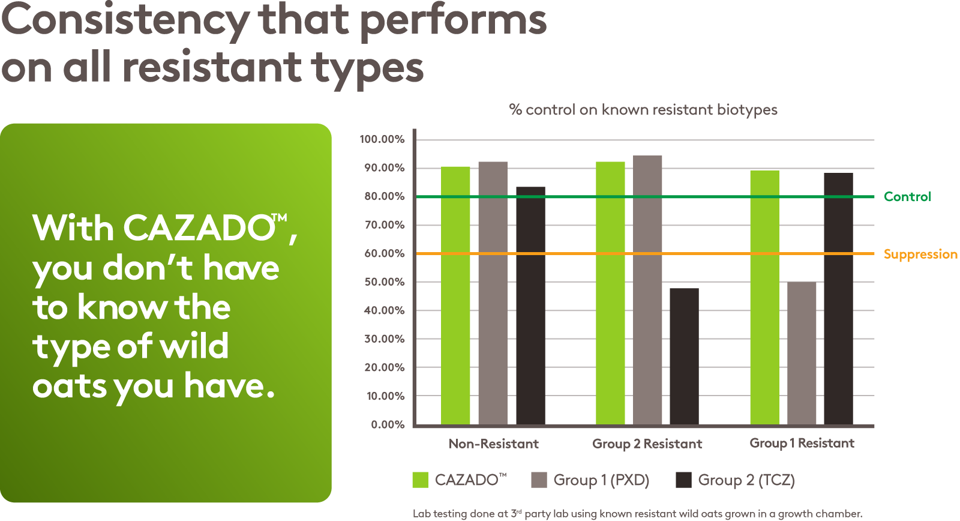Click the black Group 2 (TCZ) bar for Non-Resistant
pyautogui.click(x=530, y=306)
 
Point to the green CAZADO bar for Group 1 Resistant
pyautogui.click(x=764, y=298)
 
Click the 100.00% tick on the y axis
pyautogui.click(x=382, y=139)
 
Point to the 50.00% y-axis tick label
pyautogui.click(x=384, y=282)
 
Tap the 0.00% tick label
pyautogui.click(x=387, y=425)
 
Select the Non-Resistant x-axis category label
pyautogui.click(x=493, y=444)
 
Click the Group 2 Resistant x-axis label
pyautogui.click(x=647, y=444)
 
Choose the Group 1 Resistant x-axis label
pyautogui.click(x=802, y=443)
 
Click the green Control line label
pyautogui.click(x=907, y=197)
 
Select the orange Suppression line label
pyautogui.click(x=920, y=254)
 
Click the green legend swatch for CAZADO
pyautogui.click(x=420, y=480)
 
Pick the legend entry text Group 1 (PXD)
pyautogui.click(x=601, y=480)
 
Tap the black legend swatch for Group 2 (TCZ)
pyautogui.click(x=683, y=480)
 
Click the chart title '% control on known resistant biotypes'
pyautogui.click(x=643, y=110)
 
